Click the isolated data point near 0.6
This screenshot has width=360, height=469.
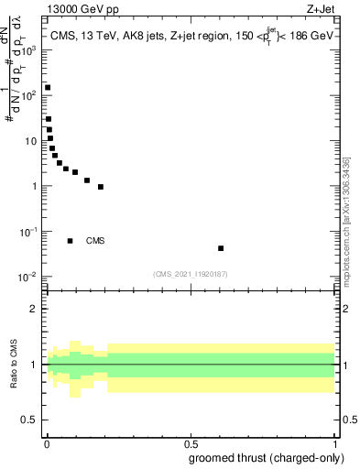click(x=221, y=248)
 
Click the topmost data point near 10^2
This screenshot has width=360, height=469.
click(x=48, y=88)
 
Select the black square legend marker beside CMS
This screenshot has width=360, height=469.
click(x=70, y=241)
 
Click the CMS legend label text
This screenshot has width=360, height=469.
click(x=95, y=241)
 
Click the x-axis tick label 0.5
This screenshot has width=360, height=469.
click(x=191, y=443)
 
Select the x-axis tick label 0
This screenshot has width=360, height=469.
click(x=47, y=443)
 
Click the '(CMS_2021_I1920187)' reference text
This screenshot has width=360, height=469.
click(x=191, y=274)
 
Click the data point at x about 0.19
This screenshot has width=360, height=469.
click(x=101, y=187)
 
